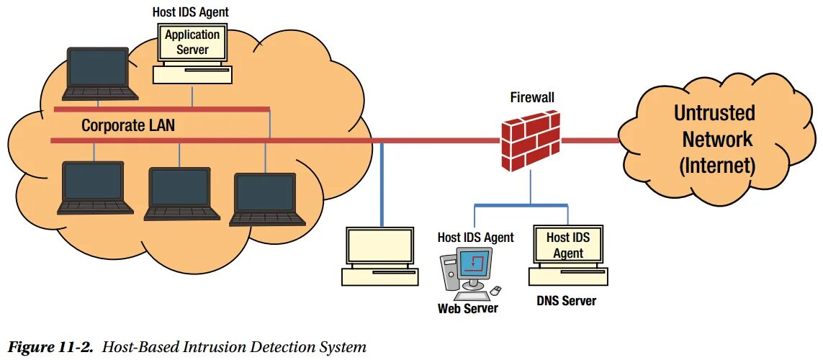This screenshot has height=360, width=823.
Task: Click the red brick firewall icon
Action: [531, 140]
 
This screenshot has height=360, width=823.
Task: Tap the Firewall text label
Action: [532, 97]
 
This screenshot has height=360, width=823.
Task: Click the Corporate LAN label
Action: [128, 125]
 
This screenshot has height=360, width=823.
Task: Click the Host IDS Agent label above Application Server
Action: [191, 12]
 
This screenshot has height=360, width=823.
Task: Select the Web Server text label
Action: [467, 307]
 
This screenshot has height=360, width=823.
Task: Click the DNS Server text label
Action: [567, 301]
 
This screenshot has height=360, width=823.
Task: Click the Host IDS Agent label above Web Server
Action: [475, 237]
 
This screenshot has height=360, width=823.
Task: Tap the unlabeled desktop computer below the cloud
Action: [380, 256]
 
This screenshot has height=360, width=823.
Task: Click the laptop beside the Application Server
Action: [100, 73]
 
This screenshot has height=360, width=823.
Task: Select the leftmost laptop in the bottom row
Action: [95, 188]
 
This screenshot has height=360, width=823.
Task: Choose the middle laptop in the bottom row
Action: [181, 194]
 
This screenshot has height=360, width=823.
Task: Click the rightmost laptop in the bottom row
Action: [268, 199]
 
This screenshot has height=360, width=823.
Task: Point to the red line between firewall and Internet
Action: [590, 140]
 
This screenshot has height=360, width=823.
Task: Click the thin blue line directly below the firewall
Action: [530, 187]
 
